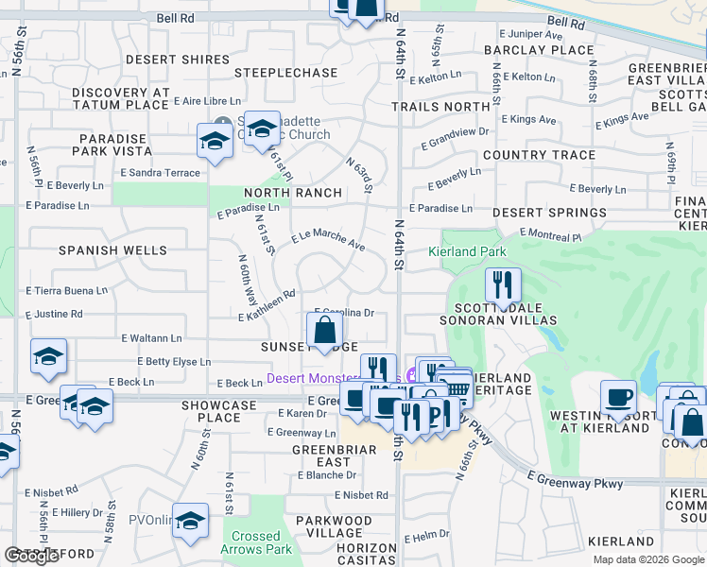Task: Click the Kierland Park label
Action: (467, 252)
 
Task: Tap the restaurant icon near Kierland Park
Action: (502, 283)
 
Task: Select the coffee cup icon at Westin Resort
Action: (619, 397)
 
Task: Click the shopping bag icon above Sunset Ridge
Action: (324, 330)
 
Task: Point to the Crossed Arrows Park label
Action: (256, 542)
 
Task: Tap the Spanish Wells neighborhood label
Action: (112, 250)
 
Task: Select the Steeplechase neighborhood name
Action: (285, 73)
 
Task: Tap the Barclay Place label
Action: (539, 50)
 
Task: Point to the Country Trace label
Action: (539, 155)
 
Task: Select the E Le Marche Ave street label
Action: (328, 241)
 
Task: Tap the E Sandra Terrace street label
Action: (161, 173)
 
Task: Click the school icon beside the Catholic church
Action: (215, 143)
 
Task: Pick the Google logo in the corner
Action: (31, 556)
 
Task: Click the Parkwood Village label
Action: (334, 521)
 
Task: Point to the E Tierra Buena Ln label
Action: (67, 290)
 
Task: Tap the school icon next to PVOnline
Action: (190, 523)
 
